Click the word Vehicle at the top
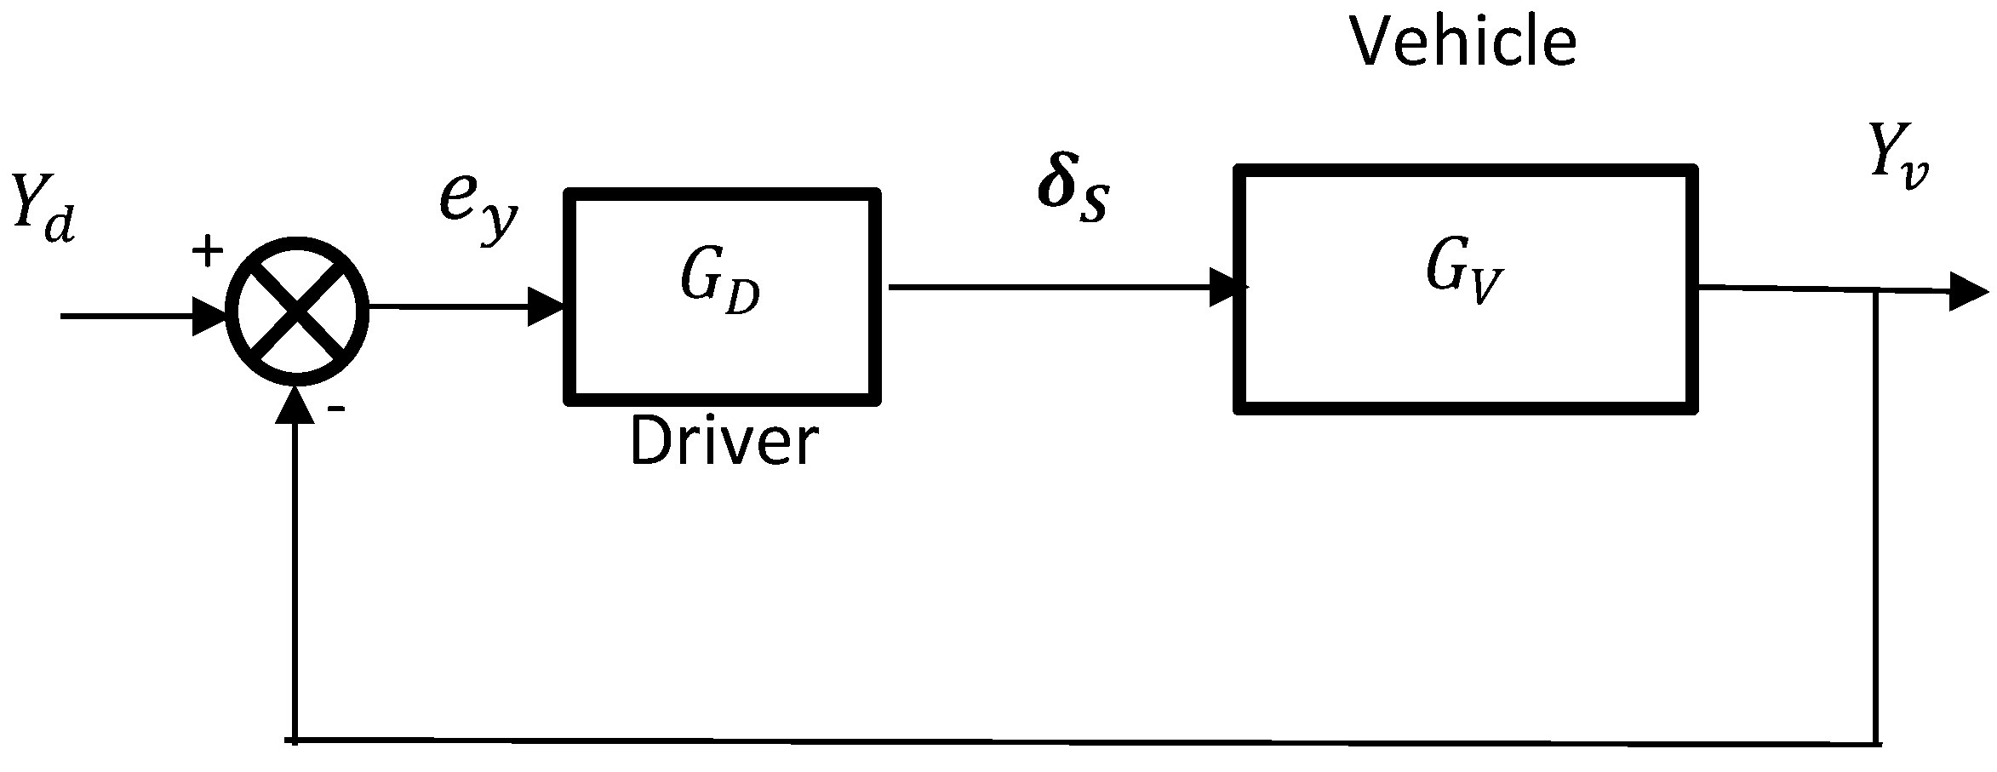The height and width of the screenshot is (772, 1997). (1462, 43)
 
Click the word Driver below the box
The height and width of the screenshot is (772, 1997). (724, 443)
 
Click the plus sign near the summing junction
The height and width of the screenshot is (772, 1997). (207, 252)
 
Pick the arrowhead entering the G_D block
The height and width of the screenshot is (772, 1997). (546, 307)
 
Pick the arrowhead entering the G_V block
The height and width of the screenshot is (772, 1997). (1228, 288)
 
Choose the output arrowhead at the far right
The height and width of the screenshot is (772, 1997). (1969, 293)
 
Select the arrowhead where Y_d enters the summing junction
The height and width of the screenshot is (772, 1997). (209, 317)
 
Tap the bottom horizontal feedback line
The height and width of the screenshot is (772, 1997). (1081, 742)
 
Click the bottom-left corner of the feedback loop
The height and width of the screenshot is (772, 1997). (295, 741)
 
